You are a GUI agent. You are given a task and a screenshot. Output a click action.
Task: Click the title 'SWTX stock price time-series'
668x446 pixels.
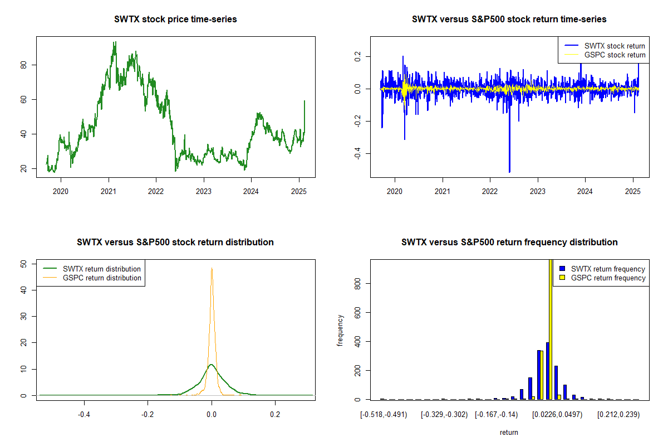175,20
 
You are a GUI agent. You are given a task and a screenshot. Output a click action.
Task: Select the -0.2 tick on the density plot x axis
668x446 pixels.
148,414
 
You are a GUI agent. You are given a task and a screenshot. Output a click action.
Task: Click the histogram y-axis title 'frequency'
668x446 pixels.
340,330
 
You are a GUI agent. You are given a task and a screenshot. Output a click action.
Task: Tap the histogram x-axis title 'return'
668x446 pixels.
509,432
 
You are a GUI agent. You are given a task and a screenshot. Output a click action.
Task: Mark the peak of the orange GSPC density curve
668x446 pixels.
212,268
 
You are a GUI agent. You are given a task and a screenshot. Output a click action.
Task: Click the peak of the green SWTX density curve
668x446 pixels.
211,365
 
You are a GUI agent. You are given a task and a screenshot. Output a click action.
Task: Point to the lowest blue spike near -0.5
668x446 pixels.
509,172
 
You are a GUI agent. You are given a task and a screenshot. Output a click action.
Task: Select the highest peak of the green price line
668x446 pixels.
115,42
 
